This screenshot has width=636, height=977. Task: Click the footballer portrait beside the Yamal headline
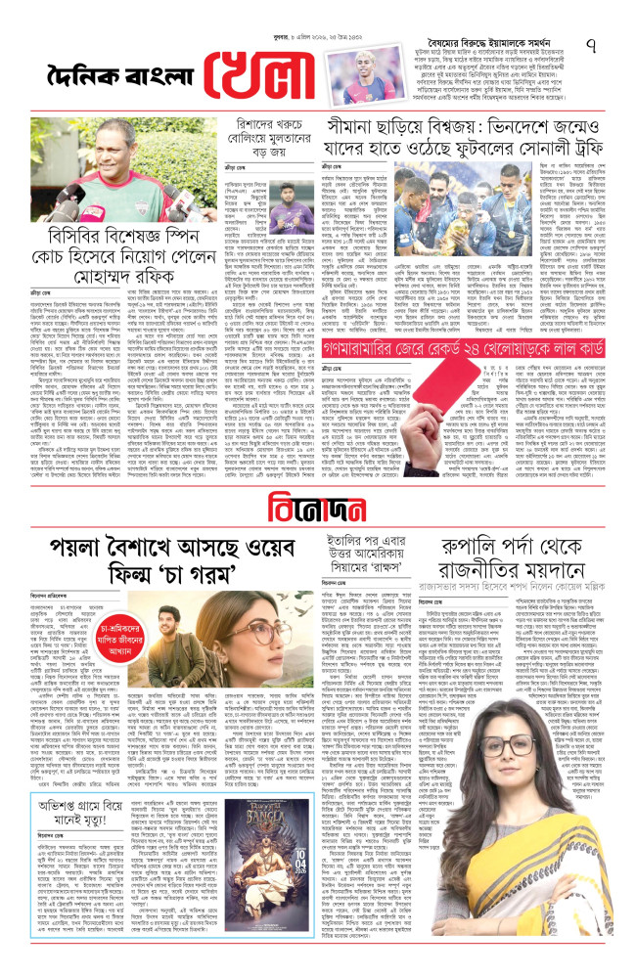[x=334, y=56]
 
